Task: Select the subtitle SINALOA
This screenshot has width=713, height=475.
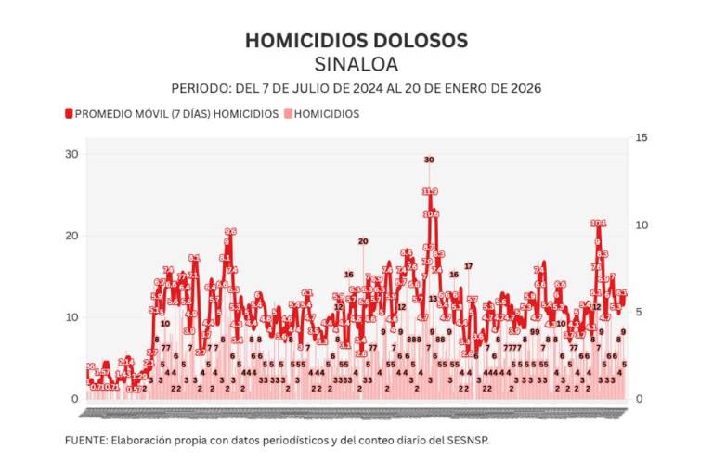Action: click(356, 65)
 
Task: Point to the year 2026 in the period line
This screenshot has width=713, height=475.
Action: click(525, 88)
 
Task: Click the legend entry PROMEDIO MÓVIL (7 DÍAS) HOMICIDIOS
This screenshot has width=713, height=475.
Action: click(176, 114)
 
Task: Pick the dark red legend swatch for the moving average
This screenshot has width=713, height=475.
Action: click(69, 114)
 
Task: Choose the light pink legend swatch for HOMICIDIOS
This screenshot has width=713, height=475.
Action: click(289, 114)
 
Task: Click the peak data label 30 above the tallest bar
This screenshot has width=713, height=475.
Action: click(429, 160)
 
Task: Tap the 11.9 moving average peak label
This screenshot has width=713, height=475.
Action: click(430, 191)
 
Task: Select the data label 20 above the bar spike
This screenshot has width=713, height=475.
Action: click(363, 241)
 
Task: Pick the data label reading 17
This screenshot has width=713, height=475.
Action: click(468, 266)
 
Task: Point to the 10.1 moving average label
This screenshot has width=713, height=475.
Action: click(599, 224)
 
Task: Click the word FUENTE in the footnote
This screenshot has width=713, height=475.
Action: click(85, 440)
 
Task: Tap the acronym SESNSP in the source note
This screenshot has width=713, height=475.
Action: click(467, 440)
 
